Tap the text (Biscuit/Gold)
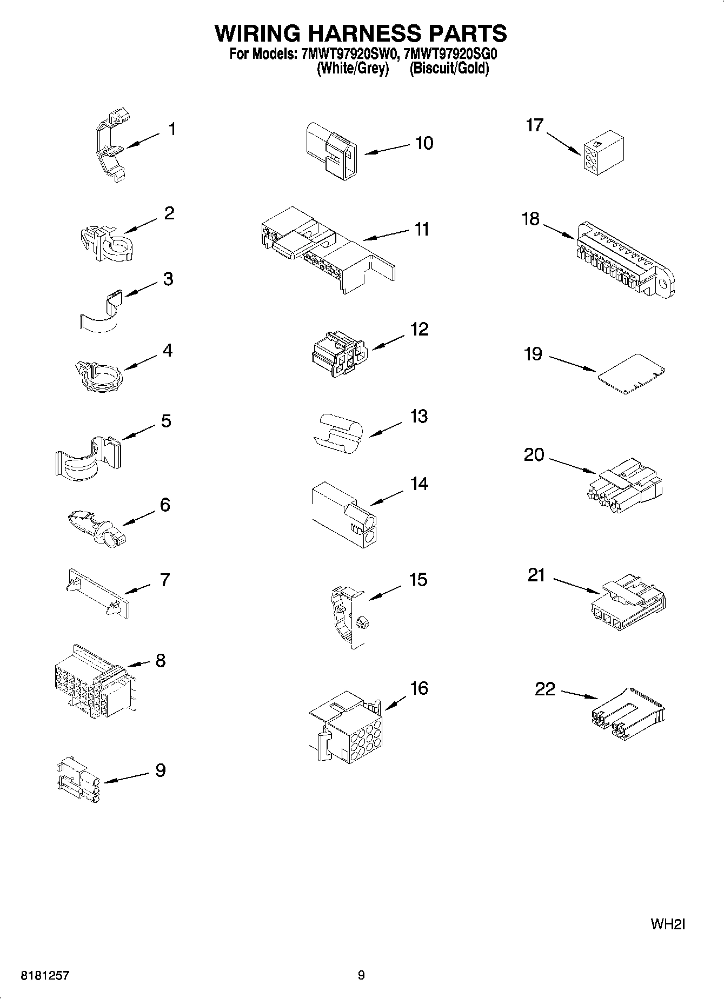(x=449, y=69)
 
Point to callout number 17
(x=534, y=125)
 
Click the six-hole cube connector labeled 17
(x=603, y=153)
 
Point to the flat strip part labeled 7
(x=97, y=592)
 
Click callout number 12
(x=419, y=329)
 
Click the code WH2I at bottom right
(x=668, y=924)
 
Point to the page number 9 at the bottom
(x=361, y=975)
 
